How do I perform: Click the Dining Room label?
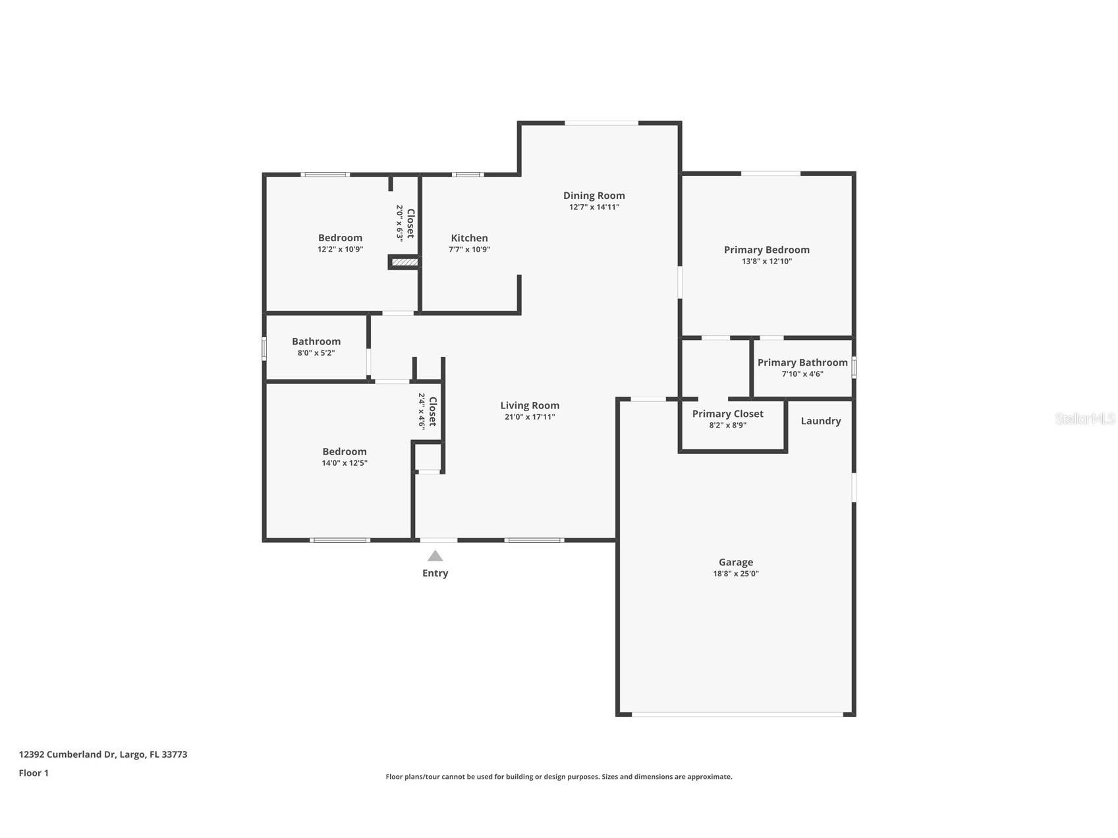(594, 196)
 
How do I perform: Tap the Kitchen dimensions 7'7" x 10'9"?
(469, 250)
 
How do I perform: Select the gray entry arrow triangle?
(435, 556)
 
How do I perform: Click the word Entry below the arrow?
(435, 573)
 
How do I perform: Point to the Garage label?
(735, 562)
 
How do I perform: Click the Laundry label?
(820, 421)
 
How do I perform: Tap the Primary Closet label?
(727, 414)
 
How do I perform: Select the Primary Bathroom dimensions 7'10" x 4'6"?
(802, 374)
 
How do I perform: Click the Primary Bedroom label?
(766, 250)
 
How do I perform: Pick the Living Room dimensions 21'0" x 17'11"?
(529, 417)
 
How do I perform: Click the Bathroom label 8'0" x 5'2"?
(316, 342)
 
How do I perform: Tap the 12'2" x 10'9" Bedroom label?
(340, 238)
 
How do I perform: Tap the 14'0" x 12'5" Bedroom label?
(344, 452)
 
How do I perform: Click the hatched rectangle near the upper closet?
(404, 262)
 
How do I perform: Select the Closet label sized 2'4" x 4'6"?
(432, 412)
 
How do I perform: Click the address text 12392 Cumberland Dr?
(103, 754)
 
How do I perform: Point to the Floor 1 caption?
(34, 773)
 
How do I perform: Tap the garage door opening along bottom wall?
(737, 714)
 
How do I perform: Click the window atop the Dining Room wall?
(601, 123)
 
